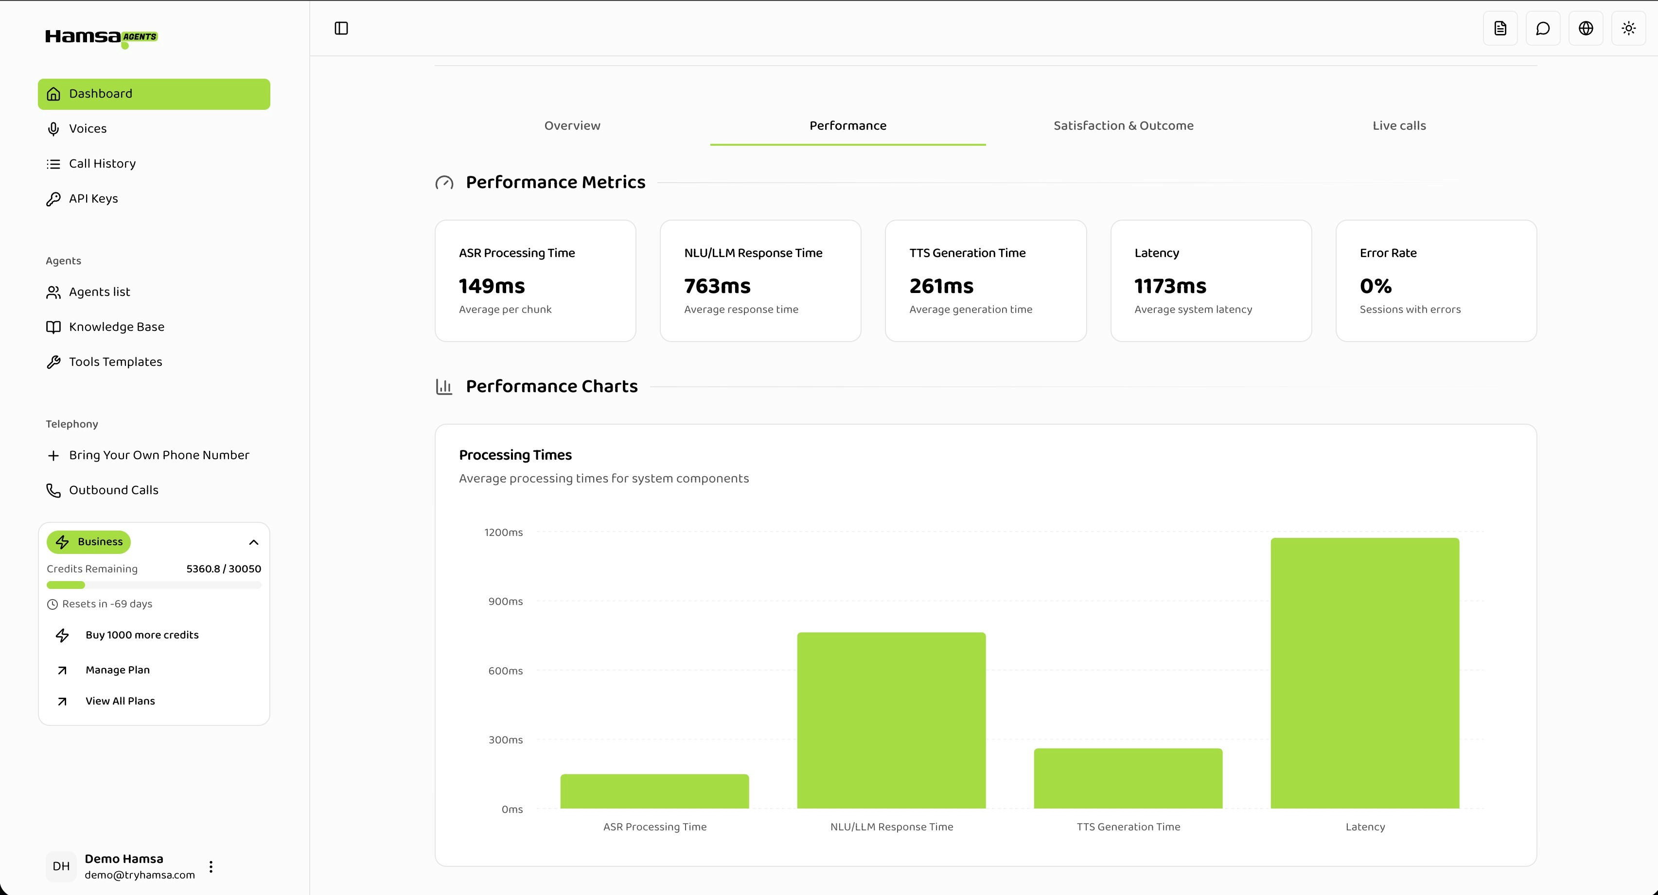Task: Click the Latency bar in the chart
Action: tap(1364, 672)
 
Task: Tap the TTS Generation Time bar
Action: tap(1128, 778)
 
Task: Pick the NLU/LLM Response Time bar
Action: tap(891, 720)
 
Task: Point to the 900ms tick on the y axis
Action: tap(505, 601)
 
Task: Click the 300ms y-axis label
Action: tap(505, 740)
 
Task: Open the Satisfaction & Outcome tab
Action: tap(1123, 125)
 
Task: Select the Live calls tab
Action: tap(1399, 125)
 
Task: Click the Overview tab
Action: tap(572, 125)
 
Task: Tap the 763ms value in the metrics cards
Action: tap(717, 286)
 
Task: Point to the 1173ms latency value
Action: tap(1169, 286)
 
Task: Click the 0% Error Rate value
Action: tap(1376, 286)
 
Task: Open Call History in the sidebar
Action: tap(102, 163)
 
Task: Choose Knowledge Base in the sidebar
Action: tap(117, 327)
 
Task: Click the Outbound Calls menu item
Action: tap(113, 490)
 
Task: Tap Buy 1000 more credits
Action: tap(141, 635)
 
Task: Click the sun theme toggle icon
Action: tap(1628, 28)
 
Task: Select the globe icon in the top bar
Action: tap(1585, 28)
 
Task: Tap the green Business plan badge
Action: tap(89, 542)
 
